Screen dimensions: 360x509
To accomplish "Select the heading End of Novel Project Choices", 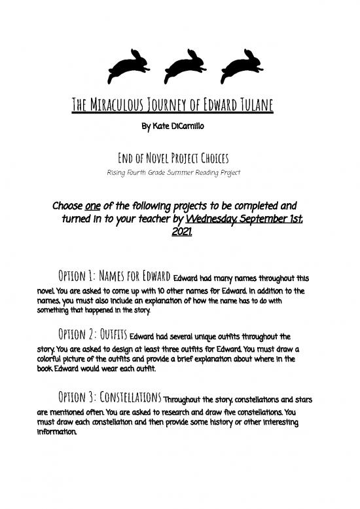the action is point(180,156).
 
